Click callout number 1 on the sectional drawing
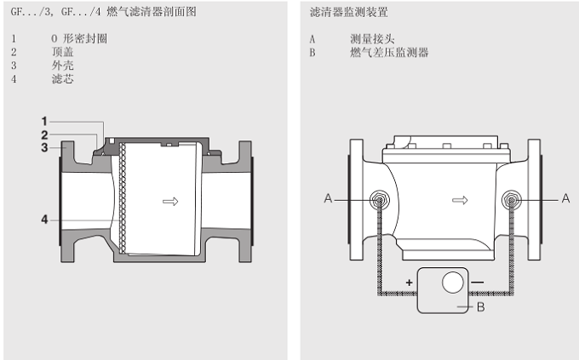pyautogui.click(x=44, y=121)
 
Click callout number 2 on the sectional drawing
pyautogui.click(x=44, y=134)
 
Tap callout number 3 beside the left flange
pyautogui.click(x=44, y=148)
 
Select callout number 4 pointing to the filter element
pyautogui.click(x=44, y=220)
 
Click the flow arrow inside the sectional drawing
pyautogui.click(x=170, y=202)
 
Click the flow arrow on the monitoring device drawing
pyautogui.click(x=460, y=201)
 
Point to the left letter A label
pyautogui.click(x=328, y=198)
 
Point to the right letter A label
pyautogui.click(x=565, y=198)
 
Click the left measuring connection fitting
pyautogui.click(x=379, y=200)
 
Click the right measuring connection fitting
pyautogui.click(x=512, y=200)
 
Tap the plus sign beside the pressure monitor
pyautogui.click(x=409, y=283)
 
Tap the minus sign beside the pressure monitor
pyautogui.click(x=477, y=283)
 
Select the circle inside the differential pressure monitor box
pyautogui.click(x=453, y=283)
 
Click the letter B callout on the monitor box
pyautogui.click(x=480, y=307)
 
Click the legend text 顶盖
pyautogui.click(x=62, y=52)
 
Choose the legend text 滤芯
pyautogui.click(x=62, y=78)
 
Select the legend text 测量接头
pyautogui.click(x=372, y=39)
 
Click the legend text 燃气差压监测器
pyautogui.click(x=389, y=53)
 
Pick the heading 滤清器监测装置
pyautogui.click(x=349, y=12)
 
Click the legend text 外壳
pyautogui.click(x=62, y=66)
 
